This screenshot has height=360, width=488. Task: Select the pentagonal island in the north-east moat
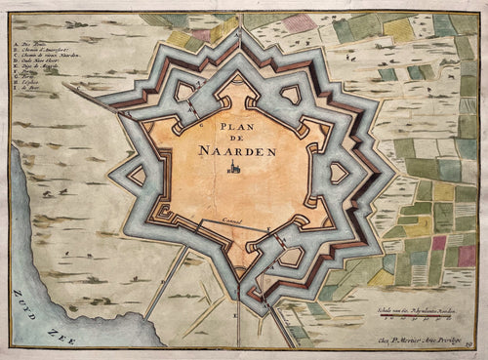coord(291,95)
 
